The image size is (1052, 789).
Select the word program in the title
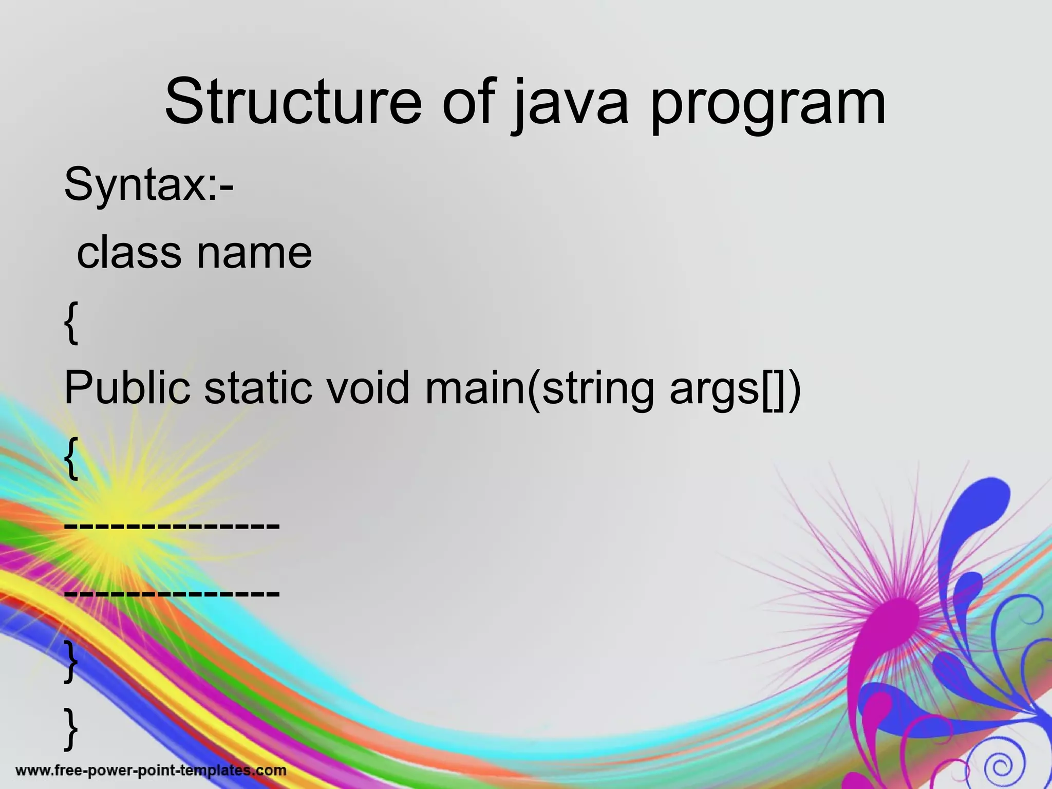click(768, 105)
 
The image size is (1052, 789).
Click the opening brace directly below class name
click(71, 323)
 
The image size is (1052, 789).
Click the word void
click(368, 387)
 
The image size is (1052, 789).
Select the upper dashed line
click(172, 525)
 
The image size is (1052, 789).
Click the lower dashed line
click(172, 593)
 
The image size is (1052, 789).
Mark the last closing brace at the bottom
click(71, 728)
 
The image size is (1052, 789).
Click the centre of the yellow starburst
click(123, 506)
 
